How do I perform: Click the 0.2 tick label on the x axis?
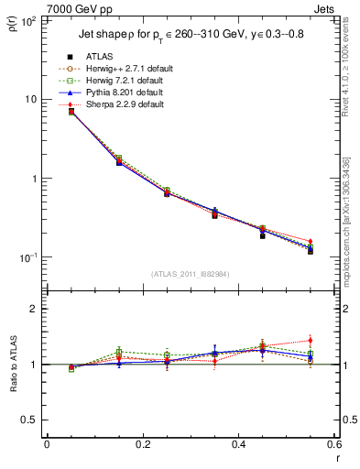[x=142, y=444]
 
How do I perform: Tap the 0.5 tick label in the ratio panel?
[x=29, y=420]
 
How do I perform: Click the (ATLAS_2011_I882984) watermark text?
[x=191, y=273]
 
